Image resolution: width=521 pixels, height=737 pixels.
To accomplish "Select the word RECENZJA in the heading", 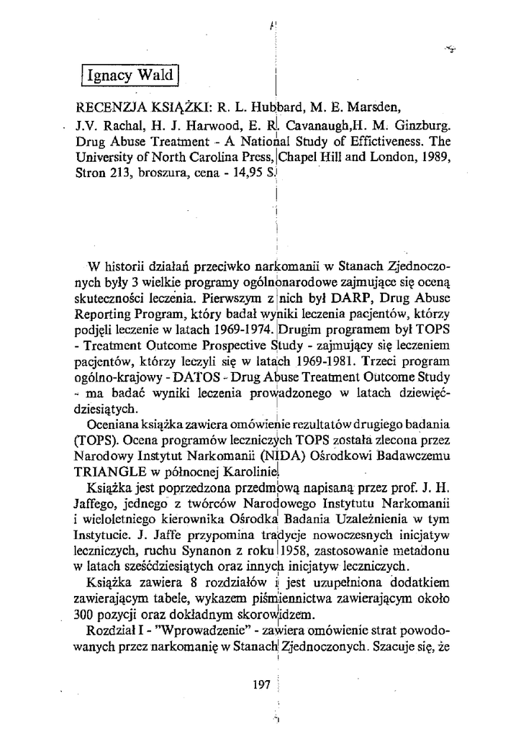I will point(109,109).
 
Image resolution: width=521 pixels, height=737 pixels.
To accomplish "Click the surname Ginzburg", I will point(417,124).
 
